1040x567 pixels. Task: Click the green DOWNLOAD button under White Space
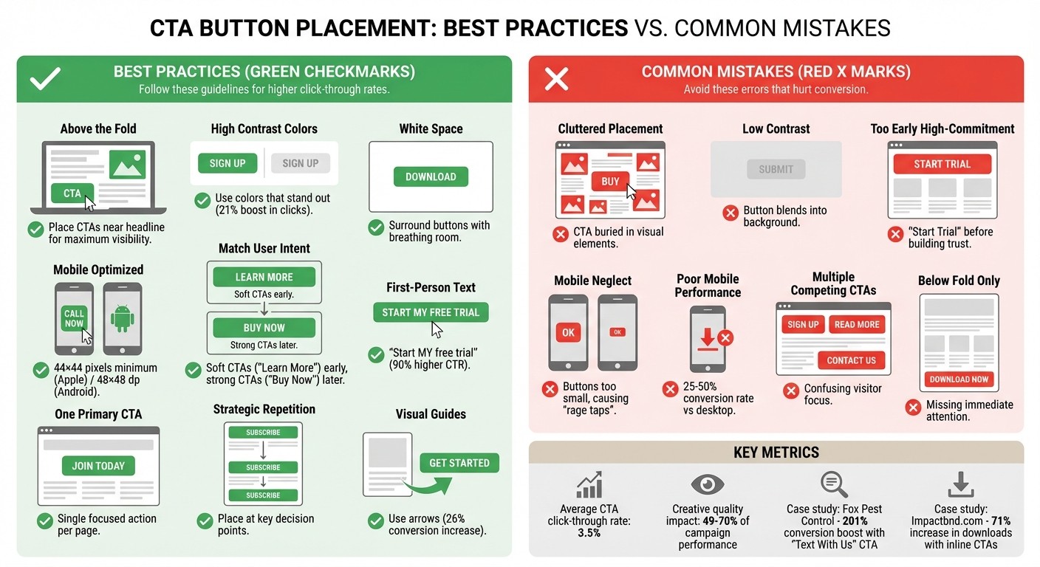point(431,176)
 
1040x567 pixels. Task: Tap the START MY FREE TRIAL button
point(431,312)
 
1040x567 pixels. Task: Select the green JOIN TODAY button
point(98,466)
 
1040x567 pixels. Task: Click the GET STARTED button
point(459,463)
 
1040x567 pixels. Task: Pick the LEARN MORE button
point(264,277)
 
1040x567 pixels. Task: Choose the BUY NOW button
point(264,328)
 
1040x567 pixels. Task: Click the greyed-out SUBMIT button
point(776,169)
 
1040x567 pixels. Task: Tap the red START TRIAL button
point(942,164)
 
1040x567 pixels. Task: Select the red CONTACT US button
point(851,360)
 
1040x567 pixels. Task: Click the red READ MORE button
point(857,324)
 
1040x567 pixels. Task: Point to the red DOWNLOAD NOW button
point(959,379)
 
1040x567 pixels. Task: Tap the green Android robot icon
point(122,319)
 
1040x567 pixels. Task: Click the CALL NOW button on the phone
point(74,319)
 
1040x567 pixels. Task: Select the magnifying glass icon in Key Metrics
point(834,485)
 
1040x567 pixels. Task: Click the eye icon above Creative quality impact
point(707,484)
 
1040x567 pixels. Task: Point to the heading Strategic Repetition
point(264,409)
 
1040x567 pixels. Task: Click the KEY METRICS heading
point(776,453)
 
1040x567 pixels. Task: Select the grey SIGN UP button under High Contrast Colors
point(300,163)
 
